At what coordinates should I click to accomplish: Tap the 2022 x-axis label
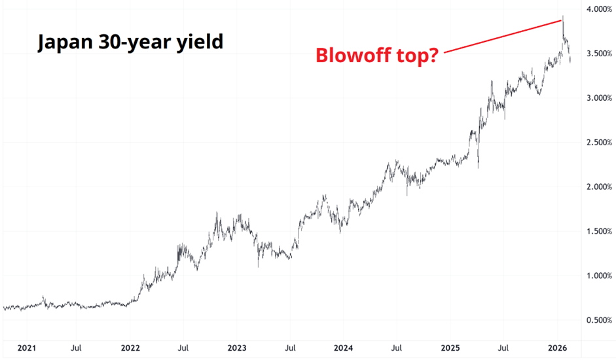(x=130, y=348)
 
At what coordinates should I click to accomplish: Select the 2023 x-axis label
(x=237, y=348)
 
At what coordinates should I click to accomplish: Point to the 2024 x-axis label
(x=344, y=348)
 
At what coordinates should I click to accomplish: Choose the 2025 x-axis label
(x=450, y=348)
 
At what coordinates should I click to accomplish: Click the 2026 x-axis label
(x=557, y=348)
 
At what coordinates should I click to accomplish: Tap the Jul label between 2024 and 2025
(x=397, y=348)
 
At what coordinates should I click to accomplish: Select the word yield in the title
(x=199, y=43)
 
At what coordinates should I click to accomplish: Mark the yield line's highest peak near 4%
(x=563, y=16)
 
